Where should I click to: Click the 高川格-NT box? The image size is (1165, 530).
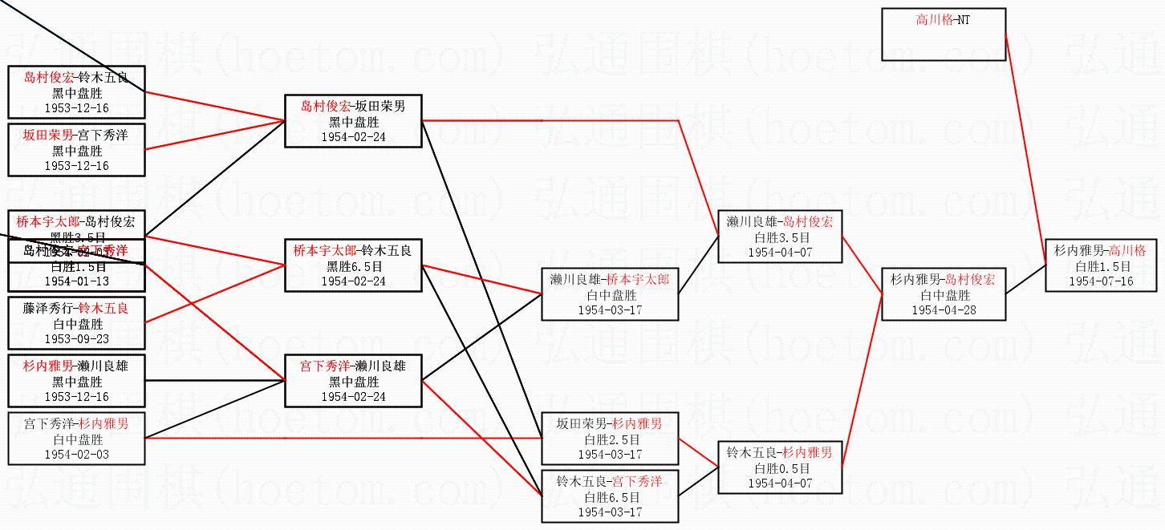pos(943,34)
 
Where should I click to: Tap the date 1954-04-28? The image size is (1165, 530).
pos(943,310)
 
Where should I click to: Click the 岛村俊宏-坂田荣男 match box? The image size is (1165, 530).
pos(353,121)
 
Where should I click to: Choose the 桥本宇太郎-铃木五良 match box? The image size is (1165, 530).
pos(353,265)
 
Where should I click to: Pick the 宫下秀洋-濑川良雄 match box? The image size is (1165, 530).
pos(353,381)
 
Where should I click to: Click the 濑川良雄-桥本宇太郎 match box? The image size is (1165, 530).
pos(610,293)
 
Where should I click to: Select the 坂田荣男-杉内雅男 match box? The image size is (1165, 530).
pos(610,439)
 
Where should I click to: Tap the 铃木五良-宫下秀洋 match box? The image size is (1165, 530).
pos(610,496)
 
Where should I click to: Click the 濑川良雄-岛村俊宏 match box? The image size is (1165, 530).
pos(780,237)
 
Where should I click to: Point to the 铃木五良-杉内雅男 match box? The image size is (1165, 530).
pos(780,467)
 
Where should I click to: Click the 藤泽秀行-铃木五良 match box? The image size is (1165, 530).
pos(76,323)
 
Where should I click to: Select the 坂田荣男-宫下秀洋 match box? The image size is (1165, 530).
pos(76,149)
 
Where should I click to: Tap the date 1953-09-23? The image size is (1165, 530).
pos(76,339)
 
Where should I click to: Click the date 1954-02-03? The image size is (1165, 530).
pos(76,455)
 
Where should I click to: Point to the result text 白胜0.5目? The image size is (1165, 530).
pos(780,468)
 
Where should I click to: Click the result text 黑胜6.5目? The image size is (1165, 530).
pos(353,266)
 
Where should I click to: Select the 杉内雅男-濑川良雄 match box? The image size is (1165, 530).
pos(76,381)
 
